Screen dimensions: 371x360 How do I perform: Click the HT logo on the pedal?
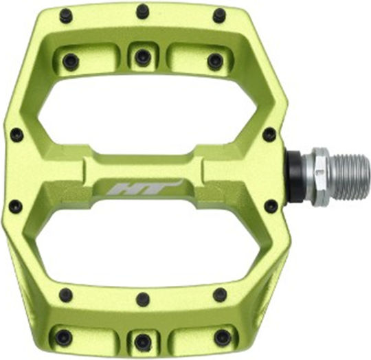pyautogui.click(x=145, y=187)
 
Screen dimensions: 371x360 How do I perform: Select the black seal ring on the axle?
pyautogui.click(x=295, y=176)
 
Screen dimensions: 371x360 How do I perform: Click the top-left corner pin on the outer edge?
pyautogui.click(x=66, y=16)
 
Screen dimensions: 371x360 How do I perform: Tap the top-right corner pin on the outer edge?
pyautogui.click(x=220, y=15)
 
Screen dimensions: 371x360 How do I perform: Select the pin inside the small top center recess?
pyautogui.click(x=143, y=58)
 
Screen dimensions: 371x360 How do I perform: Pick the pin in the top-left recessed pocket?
pyautogui.click(x=71, y=62)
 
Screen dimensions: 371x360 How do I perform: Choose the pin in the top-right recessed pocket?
pyautogui.click(x=215, y=62)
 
